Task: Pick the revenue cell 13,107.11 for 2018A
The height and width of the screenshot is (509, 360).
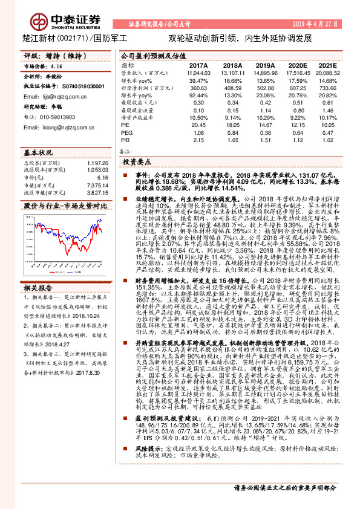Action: point(232,72)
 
